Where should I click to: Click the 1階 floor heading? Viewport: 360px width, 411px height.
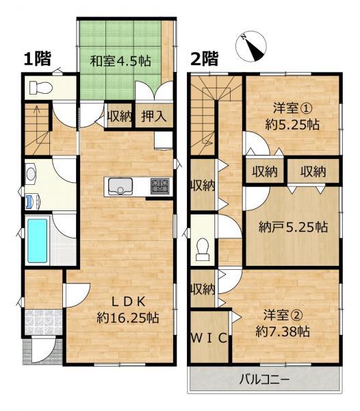(x=37, y=58)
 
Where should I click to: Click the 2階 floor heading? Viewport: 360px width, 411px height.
(x=205, y=58)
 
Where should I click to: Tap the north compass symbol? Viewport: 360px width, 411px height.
(x=250, y=46)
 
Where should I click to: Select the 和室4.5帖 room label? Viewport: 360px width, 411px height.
(x=120, y=61)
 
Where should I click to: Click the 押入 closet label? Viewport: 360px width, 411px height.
(x=154, y=116)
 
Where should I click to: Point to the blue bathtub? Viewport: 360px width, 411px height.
(x=38, y=241)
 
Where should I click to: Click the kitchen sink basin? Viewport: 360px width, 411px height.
(x=120, y=186)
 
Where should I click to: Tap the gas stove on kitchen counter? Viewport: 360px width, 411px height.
(x=159, y=186)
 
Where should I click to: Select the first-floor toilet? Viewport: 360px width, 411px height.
(x=40, y=87)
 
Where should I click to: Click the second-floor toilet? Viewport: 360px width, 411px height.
(x=203, y=249)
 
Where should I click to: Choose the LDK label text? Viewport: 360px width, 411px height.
(x=128, y=302)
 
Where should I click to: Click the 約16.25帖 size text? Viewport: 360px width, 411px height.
(x=128, y=318)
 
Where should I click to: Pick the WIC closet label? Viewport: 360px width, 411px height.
(x=209, y=338)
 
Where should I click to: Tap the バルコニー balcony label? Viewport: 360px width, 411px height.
(x=264, y=379)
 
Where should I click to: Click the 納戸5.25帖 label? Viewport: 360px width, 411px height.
(x=293, y=227)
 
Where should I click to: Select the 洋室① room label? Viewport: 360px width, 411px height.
(x=292, y=108)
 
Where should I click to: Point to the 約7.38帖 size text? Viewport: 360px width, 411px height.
(x=283, y=332)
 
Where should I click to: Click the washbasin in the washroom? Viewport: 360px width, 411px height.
(x=31, y=173)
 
